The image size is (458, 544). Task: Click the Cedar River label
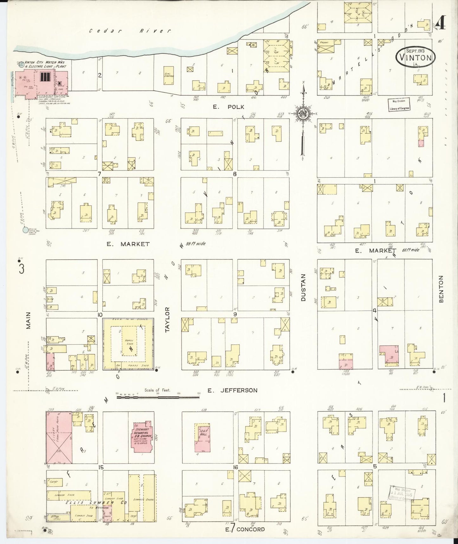click(130, 31)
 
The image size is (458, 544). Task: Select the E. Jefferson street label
click(232, 390)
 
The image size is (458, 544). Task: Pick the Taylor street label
click(168, 320)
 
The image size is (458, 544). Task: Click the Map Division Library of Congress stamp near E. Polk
click(399, 104)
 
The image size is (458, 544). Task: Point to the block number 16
click(235, 467)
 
